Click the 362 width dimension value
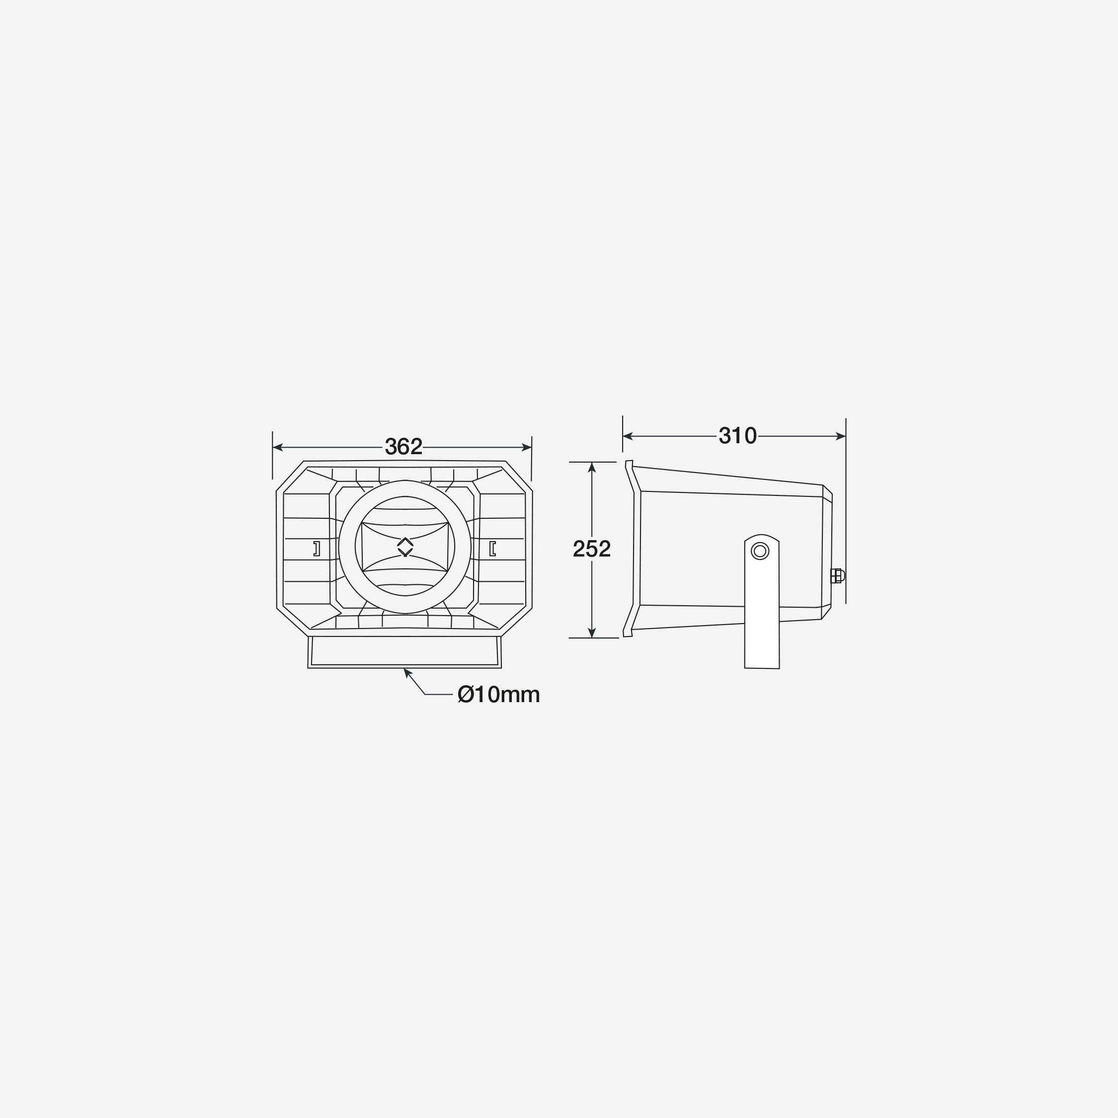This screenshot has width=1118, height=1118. click(404, 447)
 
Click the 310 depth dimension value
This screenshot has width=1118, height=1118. click(738, 436)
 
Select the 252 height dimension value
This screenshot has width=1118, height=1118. click(591, 549)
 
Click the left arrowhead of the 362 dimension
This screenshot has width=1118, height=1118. click(277, 447)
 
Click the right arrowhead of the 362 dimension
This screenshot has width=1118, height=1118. click(527, 447)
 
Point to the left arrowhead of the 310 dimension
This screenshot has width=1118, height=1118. click(627, 436)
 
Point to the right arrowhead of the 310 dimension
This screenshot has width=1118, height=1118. click(841, 436)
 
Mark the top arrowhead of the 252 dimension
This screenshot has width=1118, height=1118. click(591, 467)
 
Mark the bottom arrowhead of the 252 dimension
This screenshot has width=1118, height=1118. click(591, 633)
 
